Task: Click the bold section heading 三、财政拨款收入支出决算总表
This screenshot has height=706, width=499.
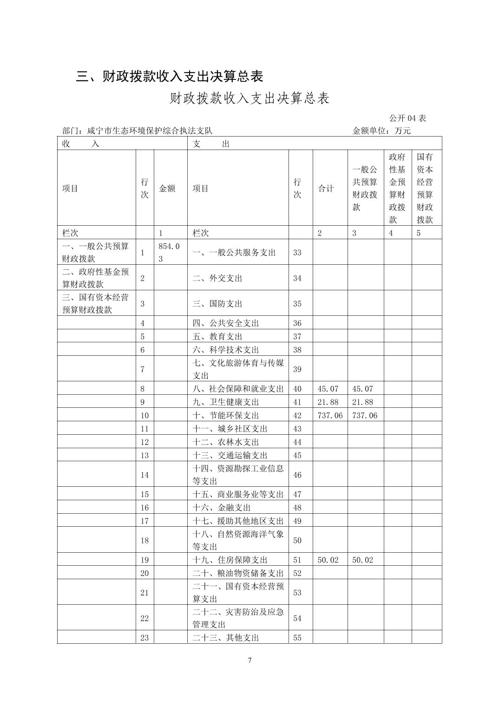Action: click(x=170, y=76)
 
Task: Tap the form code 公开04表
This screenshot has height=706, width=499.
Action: click(x=407, y=118)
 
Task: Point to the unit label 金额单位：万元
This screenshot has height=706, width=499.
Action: click(x=381, y=131)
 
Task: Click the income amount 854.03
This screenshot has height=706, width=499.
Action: click(x=169, y=252)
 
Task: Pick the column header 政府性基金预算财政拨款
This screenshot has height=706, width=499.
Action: click(x=397, y=188)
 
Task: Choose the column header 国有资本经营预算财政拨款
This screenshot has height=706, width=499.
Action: click(x=425, y=188)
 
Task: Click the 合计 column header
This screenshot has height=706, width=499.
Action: click(x=326, y=188)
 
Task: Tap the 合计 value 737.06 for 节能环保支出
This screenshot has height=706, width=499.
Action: click(x=330, y=415)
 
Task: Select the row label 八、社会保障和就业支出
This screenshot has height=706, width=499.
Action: click(x=238, y=389)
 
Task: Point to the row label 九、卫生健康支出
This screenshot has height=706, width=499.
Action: click(x=225, y=402)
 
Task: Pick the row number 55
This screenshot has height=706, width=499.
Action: click(x=297, y=638)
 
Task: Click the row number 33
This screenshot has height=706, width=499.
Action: click(x=297, y=253)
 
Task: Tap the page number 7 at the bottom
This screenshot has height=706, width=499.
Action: click(x=250, y=660)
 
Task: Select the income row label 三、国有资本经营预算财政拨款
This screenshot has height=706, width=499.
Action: click(x=95, y=303)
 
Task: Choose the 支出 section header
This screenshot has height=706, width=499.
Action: click(x=211, y=144)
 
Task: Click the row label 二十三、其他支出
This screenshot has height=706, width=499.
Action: click(x=225, y=638)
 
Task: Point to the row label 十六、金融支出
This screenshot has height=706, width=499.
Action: click(x=221, y=508)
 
